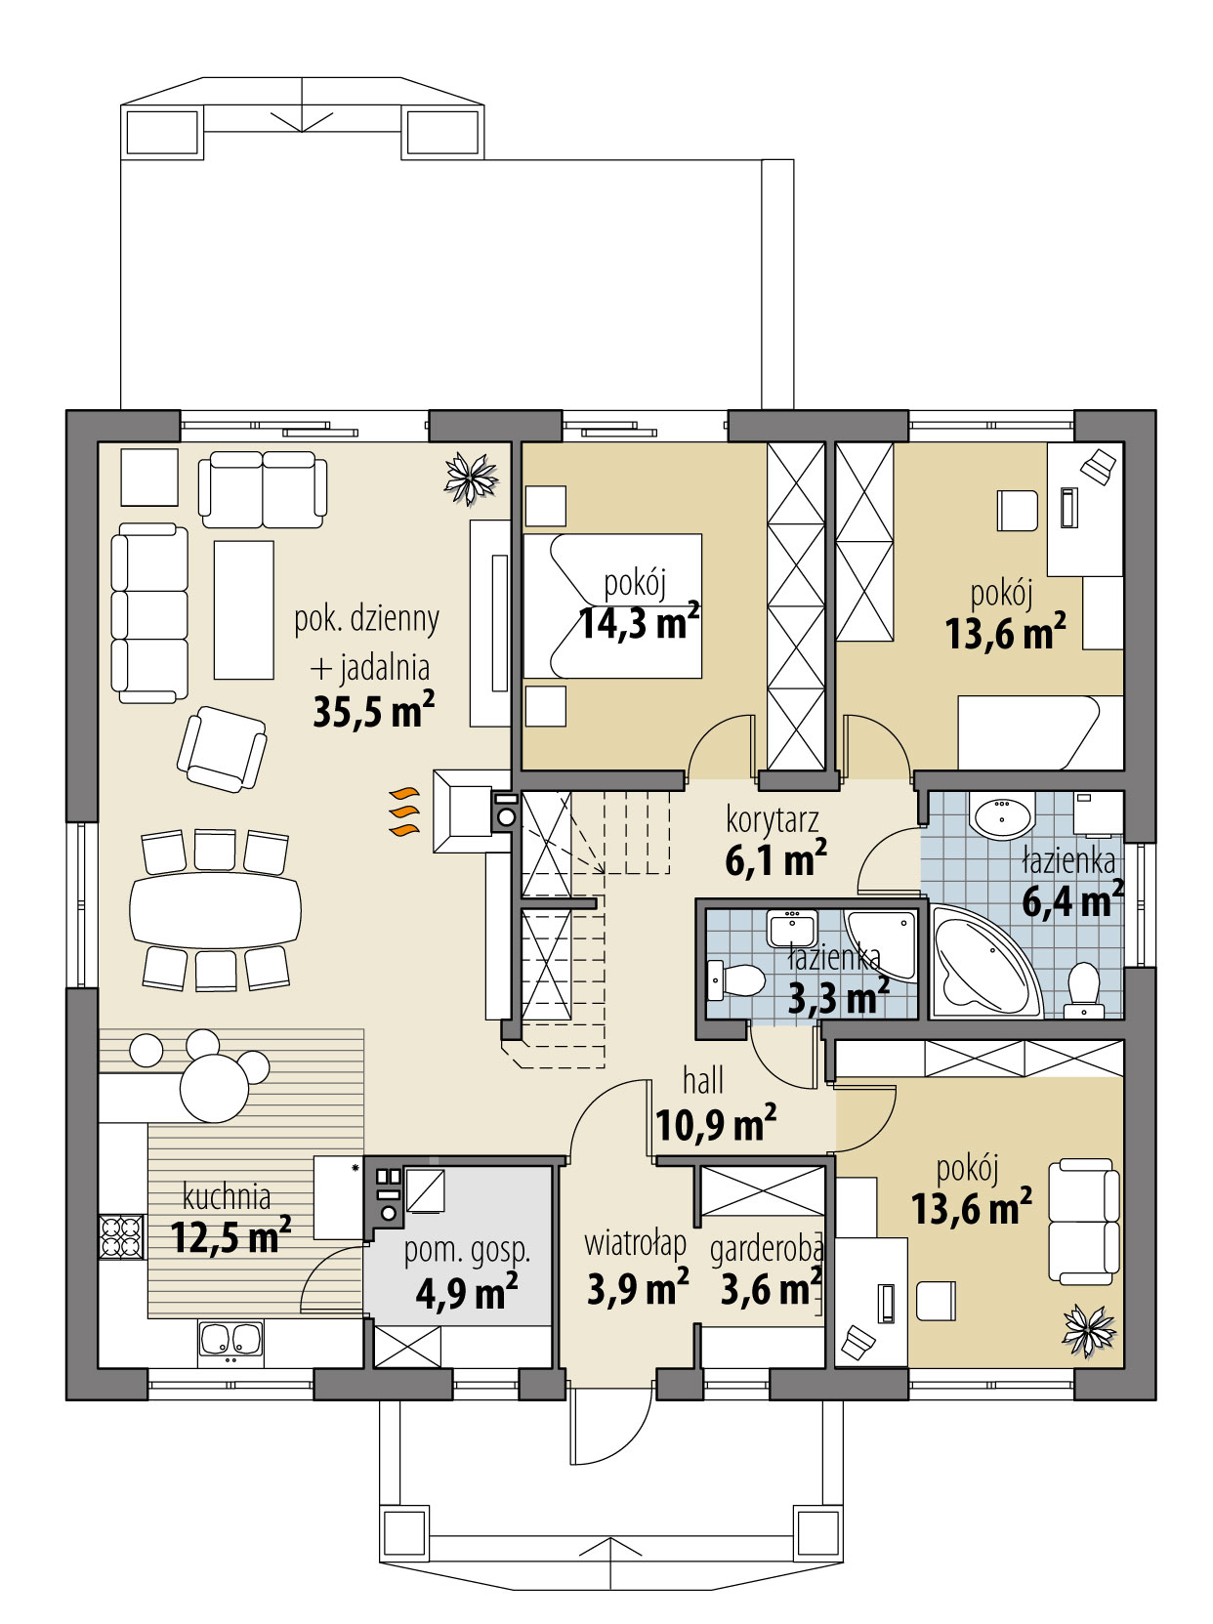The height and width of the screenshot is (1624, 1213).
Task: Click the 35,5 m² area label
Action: tap(373, 711)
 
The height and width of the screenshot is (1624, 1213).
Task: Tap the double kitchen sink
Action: tap(230, 1340)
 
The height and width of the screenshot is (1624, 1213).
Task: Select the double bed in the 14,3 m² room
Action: tap(612, 605)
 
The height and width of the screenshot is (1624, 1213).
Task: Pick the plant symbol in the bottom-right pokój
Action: tap(1088, 1330)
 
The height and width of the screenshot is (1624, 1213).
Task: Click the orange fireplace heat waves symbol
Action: tap(403, 812)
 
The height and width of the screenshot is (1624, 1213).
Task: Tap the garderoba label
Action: tap(767, 1247)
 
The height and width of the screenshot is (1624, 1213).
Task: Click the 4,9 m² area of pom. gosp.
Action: tap(466, 1292)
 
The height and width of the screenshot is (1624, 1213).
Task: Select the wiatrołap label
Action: tap(635, 1243)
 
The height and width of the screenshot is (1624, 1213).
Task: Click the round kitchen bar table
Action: tap(215, 1089)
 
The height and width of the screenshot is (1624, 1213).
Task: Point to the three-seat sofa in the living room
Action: tap(149, 613)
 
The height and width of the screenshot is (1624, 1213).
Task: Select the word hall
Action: tap(703, 1080)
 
